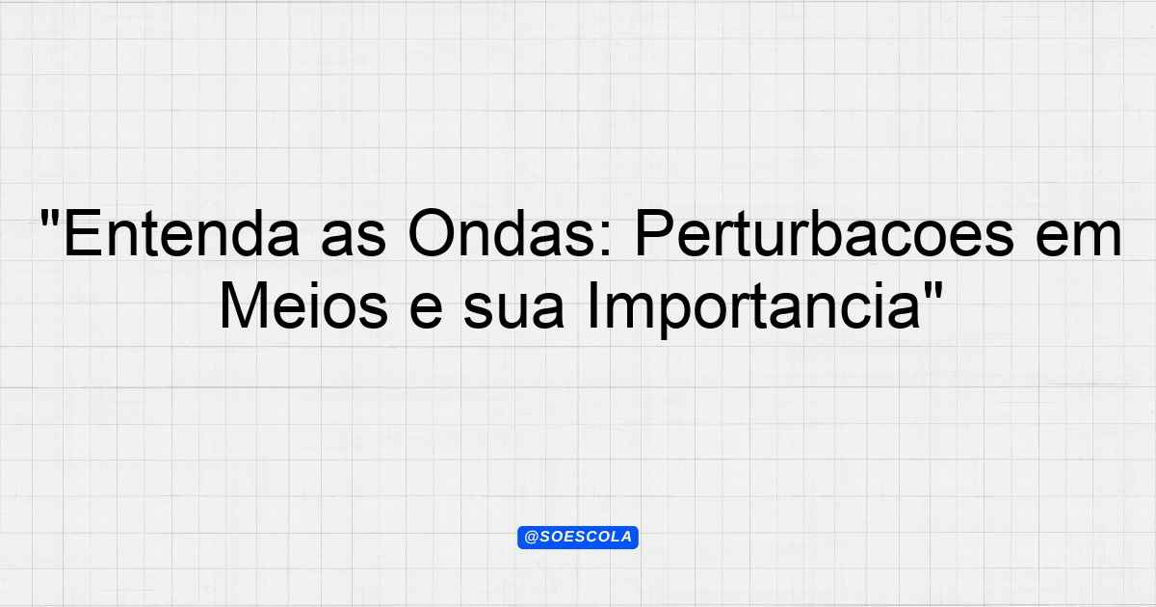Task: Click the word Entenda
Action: pos(182,233)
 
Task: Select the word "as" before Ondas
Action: pos(354,239)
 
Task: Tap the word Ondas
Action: pos(503,233)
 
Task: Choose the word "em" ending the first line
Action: pos(1079,239)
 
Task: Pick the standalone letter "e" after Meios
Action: pos(426,310)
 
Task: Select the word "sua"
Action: pos(514,310)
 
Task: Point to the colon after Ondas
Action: pos(608,240)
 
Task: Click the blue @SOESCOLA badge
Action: pos(578,538)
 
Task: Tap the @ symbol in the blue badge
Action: pos(531,538)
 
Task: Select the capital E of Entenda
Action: pos(82,233)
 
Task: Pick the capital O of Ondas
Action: pos(431,233)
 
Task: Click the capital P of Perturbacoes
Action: pos(654,233)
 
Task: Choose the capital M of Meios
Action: pos(243,304)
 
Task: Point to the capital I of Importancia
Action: pos(592,304)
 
